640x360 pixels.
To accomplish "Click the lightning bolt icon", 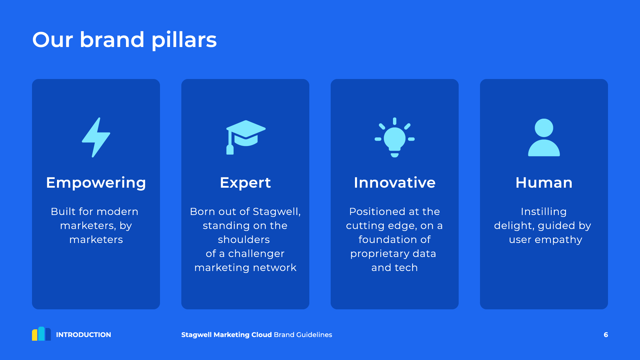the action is pyautogui.click(x=96, y=137).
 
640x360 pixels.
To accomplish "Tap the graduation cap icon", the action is pyautogui.click(x=246, y=137).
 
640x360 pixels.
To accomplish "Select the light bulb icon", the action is pyautogui.click(x=395, y=137).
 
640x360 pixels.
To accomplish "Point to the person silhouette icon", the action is pyautogui.click(x=544, y=137).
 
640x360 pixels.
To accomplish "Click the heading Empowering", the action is pyautogui.click(x=96, y=183).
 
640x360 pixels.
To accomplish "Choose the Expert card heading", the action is pyautogui.click(x=245, y=183).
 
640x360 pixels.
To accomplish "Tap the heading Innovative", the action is pyautogui.click(x=395, y=183).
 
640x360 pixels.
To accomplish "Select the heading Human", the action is pyautogui.click(x=544, y=183).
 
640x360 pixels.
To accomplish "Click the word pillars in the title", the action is pyautogui.click(x=184, y=40).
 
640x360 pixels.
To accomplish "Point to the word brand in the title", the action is pyautogui.click(x=112, y=39).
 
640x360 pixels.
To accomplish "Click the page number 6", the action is pyautogui.click(x=606, y=335).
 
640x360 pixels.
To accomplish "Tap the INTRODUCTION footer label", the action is pyautogui.click(x=83, y=335).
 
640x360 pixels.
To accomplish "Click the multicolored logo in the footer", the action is pyautogui.click(x=41, y=334).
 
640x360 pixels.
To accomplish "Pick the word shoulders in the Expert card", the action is pyautogui.click(x=244, y=239).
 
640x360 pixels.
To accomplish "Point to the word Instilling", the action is pyautogui.click(x=544, y=212).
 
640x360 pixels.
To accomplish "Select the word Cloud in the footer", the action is pyautogui.click(x=262, y=335).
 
